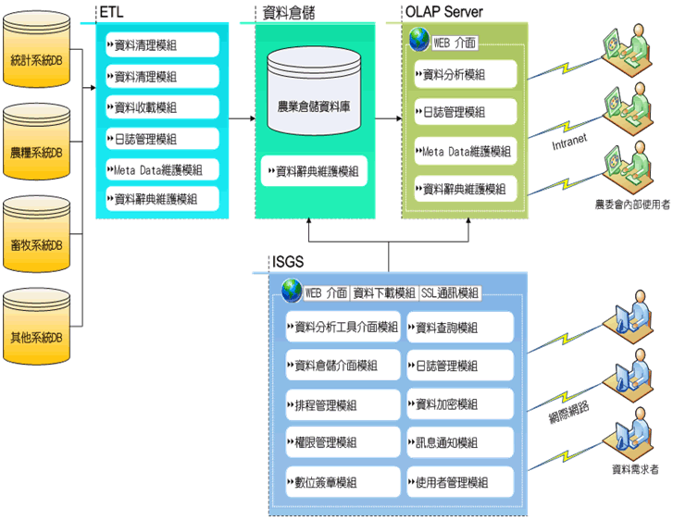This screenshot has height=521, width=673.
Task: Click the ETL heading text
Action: [110, 12]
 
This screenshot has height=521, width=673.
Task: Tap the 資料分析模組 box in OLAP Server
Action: [463, 74]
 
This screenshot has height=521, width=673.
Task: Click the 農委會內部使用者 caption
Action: [633, 204]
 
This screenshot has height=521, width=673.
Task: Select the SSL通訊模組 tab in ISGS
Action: [450, 293]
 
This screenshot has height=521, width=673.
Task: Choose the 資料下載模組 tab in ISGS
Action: [385, 293]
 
